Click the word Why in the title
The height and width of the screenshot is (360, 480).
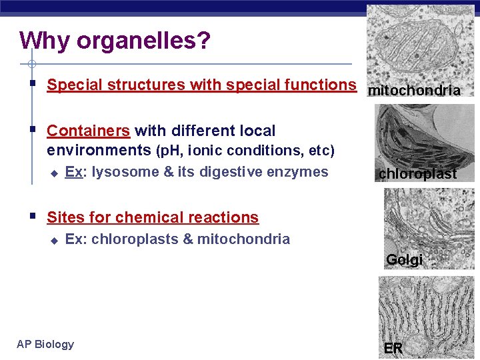[x=45, y=41]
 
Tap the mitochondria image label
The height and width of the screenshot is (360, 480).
[x=414, y=90]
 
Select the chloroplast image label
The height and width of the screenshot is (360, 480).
[x=418, y=174]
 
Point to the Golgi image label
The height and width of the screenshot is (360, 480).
[x=404, y=260]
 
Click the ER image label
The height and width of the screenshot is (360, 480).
[x=393, y=348]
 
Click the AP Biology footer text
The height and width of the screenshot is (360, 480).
[x=45, y=344]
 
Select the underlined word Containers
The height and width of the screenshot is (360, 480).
[x=88, y=131]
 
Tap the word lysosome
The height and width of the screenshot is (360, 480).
[x=125, y=172]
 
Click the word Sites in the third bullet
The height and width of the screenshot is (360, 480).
[x=65, y=217]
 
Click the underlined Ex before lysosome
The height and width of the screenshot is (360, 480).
[x=73, y=172]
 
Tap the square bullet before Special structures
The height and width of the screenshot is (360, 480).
[x=32, y=84]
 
